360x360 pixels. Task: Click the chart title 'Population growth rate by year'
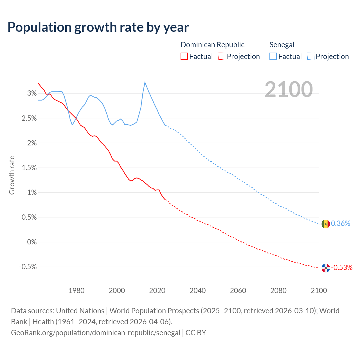98,27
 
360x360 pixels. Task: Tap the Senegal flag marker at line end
326,224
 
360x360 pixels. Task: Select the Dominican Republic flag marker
326,268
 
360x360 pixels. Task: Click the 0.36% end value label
341,224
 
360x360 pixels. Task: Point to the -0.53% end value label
342,267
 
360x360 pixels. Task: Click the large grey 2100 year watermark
289,89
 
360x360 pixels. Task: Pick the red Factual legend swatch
184,56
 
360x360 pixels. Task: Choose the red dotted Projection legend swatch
222,56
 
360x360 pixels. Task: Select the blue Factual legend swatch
273,56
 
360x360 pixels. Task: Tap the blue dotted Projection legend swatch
310,56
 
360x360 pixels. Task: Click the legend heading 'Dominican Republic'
212,45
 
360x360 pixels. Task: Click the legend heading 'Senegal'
282,45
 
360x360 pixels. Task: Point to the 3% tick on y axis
32,93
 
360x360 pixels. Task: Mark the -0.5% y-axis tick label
28,267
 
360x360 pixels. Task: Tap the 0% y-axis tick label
32,242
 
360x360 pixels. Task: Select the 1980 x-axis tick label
76,291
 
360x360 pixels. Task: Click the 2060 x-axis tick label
238,291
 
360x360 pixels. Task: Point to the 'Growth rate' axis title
12,175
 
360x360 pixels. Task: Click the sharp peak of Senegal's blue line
145,82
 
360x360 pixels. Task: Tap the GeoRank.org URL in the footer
96,333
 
